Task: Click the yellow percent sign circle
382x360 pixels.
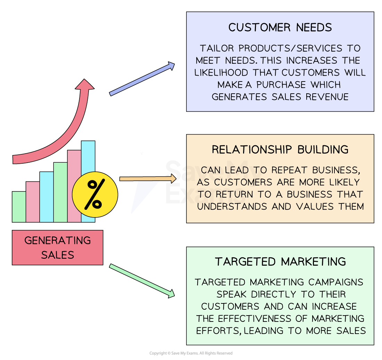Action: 95,195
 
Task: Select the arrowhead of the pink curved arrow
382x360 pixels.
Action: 84,85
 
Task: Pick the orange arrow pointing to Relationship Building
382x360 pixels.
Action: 148,179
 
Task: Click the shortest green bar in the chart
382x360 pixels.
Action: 19,207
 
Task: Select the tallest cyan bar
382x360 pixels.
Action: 88,156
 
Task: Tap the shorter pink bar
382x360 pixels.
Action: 33,202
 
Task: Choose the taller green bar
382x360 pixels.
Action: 60,192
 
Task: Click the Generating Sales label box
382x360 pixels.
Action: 58,248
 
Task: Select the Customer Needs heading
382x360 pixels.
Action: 280,28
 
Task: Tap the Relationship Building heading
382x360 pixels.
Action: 280,149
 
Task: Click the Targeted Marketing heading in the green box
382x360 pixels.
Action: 280,262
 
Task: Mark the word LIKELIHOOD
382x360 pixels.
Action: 221,72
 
